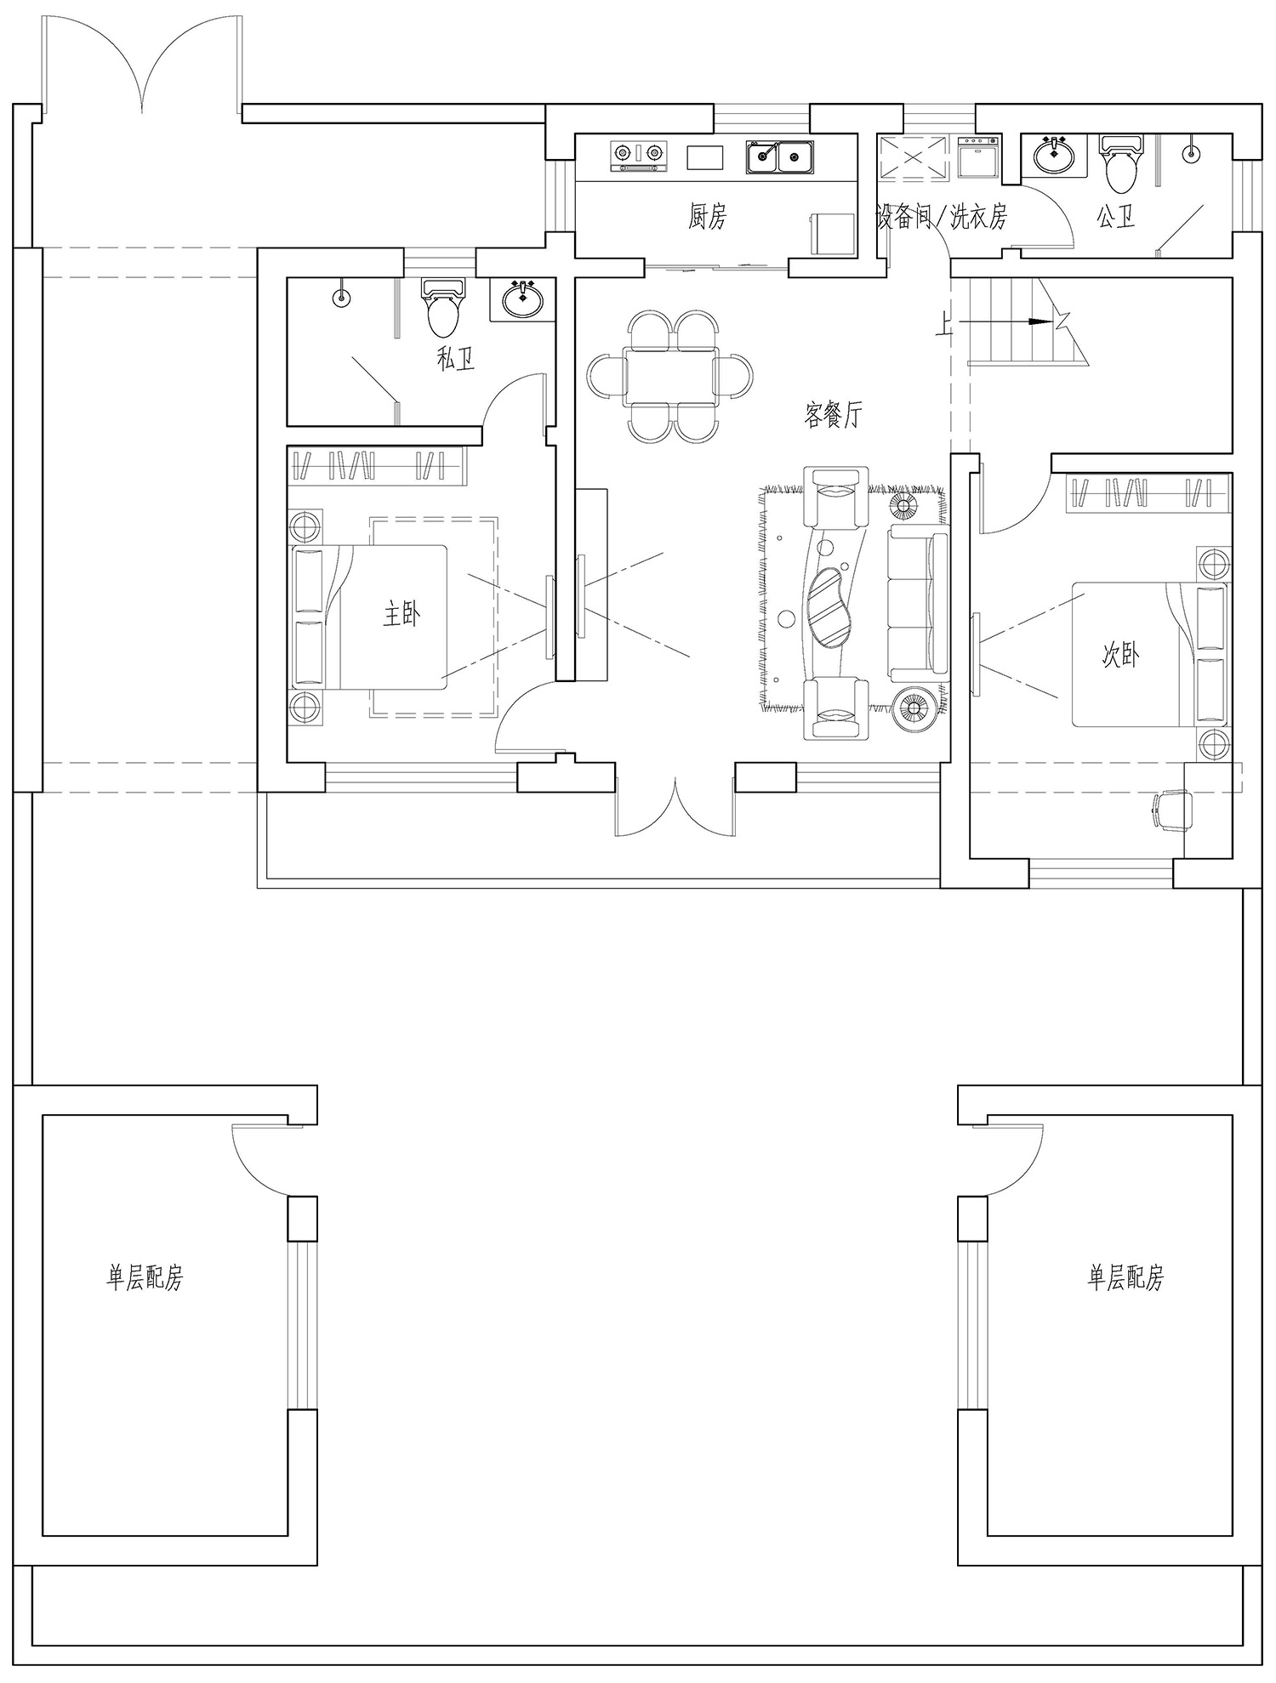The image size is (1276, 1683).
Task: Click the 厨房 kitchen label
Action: pos(708,219)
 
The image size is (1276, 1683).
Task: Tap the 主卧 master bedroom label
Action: pos(402,614)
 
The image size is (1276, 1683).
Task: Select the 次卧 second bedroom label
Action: pos(1120,655)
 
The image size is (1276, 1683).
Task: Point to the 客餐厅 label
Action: pos(833,415)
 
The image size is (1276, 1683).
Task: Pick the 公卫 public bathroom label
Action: pos(1116,219)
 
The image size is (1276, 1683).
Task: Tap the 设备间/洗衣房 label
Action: pos(942,219)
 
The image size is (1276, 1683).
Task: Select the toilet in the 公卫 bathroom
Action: pos(1120,164)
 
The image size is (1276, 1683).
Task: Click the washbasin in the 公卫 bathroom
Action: pos(1054,154)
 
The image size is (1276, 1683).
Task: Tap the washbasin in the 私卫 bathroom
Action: pos(522,299)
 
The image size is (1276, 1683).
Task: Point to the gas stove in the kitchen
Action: pos(637,156)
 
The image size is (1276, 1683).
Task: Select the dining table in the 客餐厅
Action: pos(670,377)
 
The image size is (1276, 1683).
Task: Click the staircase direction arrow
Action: pos(996,322)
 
